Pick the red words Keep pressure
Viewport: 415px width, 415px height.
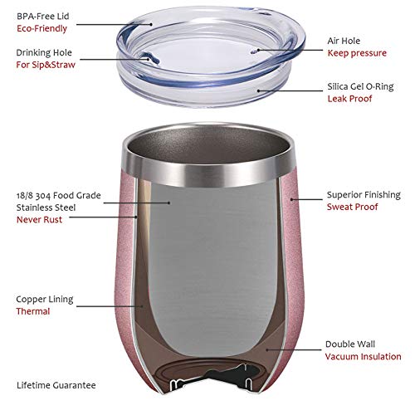click(357, 53)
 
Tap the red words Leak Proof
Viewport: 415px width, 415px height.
click(349, 99)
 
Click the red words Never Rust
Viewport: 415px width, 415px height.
click(39, 220)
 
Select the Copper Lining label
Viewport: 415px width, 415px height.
click(44, 298)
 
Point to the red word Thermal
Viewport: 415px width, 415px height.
click(33, 311)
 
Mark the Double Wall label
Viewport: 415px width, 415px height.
click(349, 344)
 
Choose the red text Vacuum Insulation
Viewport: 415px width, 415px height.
click(363, 357)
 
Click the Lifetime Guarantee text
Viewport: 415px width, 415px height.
click(56, 385)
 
